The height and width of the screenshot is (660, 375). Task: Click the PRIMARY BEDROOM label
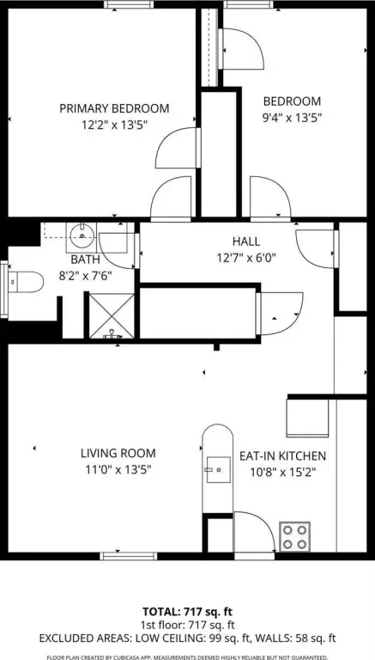pos(114,108)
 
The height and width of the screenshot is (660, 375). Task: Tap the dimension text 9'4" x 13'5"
pos(292,118)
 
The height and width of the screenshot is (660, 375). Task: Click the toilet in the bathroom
pos(26,282)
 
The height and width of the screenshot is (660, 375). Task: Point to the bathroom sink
pos(82,237)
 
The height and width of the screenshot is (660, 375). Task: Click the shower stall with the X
pos(112,315)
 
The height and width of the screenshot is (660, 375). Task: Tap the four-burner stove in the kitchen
pos(295,536)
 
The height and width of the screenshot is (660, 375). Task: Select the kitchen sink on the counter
pos(218,469)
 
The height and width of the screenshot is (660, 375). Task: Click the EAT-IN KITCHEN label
pos(282,455)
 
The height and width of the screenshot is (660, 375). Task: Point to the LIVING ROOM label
pos(118,454)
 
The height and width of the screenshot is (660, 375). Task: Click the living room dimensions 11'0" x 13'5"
pos(118,469)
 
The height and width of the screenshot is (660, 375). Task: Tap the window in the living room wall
pos(129,556)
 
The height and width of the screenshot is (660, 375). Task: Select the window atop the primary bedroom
pos(129,4)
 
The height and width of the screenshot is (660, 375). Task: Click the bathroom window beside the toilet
pos(4,290)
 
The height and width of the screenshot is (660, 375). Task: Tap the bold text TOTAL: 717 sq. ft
pos(187,611)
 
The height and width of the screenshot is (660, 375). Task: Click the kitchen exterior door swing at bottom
pos(255,532)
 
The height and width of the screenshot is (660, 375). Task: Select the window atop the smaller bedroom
pos(248,4)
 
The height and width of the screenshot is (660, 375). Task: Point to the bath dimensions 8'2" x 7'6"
pos(85,276)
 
